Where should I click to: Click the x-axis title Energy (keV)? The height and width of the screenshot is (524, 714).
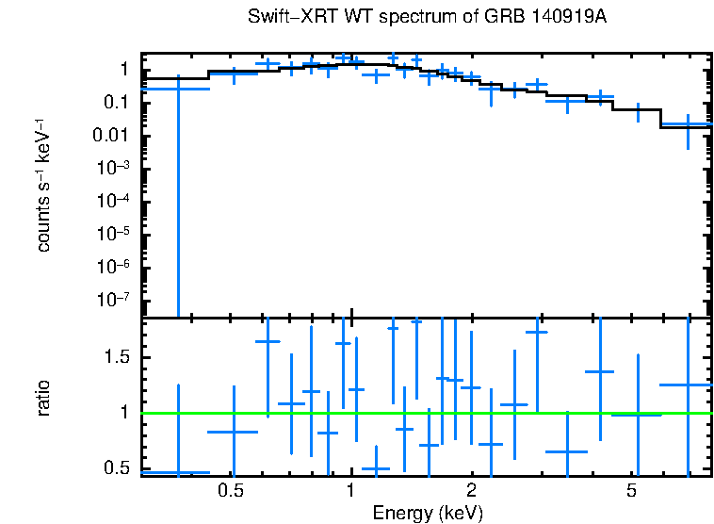point(428,513)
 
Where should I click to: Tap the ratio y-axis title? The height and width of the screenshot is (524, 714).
point(43,398)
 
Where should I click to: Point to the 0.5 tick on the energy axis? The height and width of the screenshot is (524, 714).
point(231,491)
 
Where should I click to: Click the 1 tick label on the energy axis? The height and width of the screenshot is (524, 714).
point(350,491)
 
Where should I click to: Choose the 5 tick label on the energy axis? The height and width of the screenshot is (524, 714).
point(631,491)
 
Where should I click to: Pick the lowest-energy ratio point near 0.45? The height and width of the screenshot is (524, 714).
point(176,472)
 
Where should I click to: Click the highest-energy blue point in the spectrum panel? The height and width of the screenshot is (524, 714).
point(688,123)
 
